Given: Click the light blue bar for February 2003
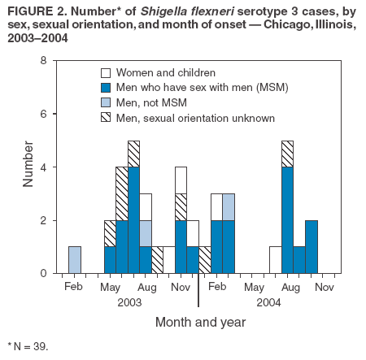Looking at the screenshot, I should [x=75, y=260].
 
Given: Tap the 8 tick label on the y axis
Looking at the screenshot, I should [x=42, y=61].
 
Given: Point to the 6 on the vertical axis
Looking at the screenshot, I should [x=42, y=114].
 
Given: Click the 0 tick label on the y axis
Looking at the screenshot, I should [x=42, y=274].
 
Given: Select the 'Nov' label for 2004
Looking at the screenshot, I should [x=324, y=288].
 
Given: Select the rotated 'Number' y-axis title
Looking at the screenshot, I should [x=28, y=167].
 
